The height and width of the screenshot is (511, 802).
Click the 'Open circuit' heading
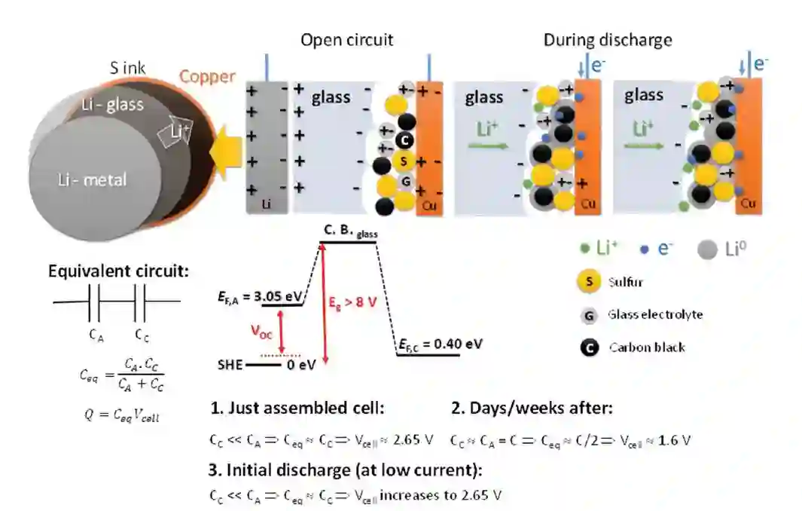coord(346,40)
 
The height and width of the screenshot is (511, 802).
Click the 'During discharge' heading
coord(608,39)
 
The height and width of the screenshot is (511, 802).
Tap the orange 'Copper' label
coord(206,77)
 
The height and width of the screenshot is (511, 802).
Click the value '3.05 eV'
coord(276,295)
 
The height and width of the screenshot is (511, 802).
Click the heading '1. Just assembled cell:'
coord(297,408)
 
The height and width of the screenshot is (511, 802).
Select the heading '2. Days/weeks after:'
coord(532,408)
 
